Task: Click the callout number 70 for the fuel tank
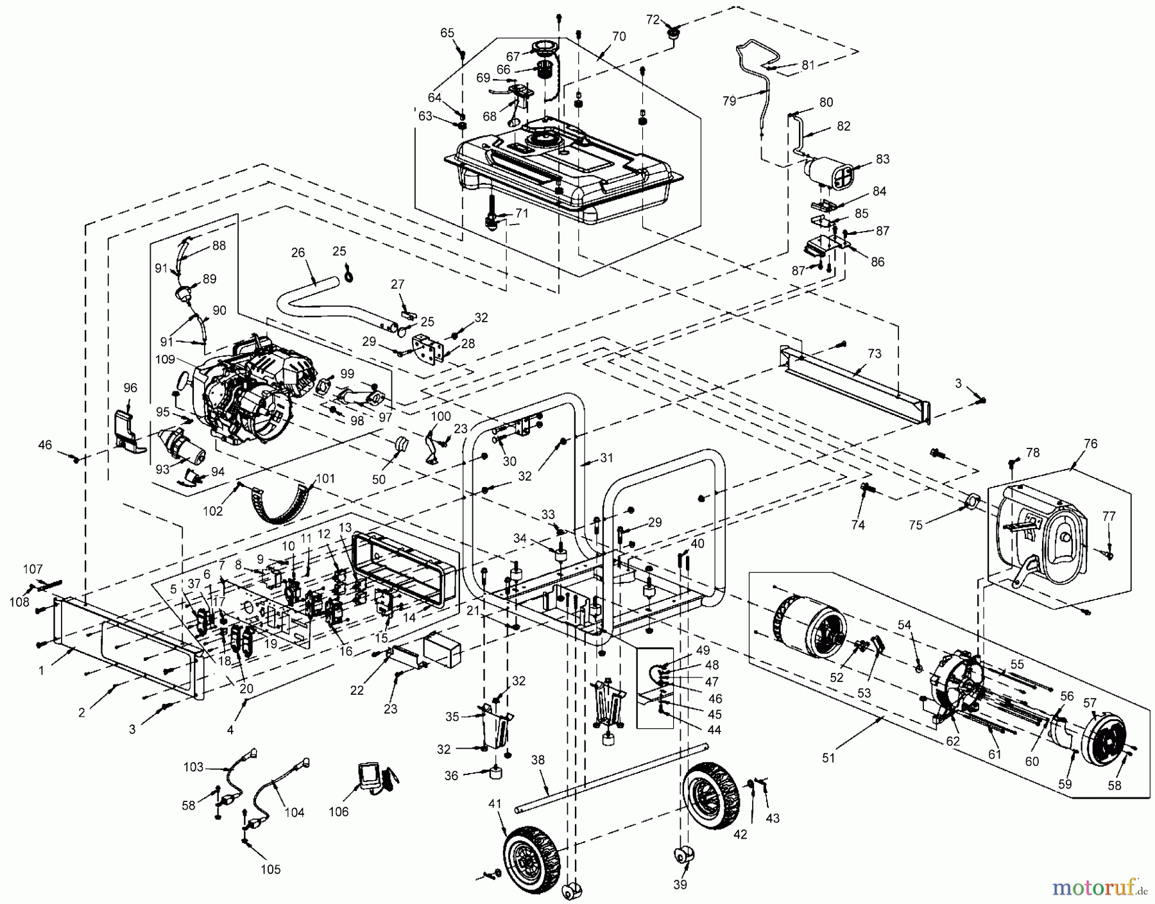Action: pos(619,37)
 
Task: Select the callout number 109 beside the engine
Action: pos(165,360)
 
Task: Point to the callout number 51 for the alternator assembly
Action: pos(828,758)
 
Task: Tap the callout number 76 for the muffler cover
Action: pos(1090,444)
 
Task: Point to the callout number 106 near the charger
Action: pos(338,812)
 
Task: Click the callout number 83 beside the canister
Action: pos(882,159)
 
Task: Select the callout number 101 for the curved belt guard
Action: pos(325,478)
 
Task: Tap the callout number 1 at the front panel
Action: pos(42,670)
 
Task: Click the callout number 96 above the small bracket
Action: pos(130,388)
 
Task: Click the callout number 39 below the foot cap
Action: pos(680,885)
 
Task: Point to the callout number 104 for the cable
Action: pos(295,812)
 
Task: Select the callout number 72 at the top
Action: pos(653,20)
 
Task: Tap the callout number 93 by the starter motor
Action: pos(162,469)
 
